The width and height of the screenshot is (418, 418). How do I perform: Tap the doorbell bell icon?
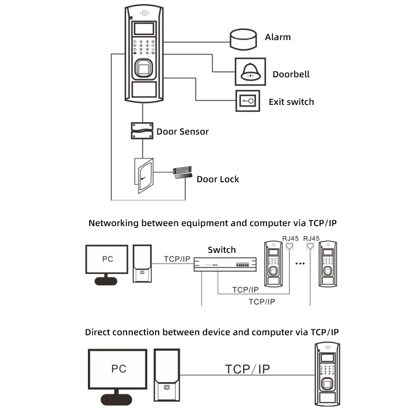click(x=250, y=72)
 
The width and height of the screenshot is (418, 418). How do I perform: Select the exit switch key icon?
click(x=248, y=101)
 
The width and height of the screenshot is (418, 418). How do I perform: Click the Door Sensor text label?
click(x=182, y=132)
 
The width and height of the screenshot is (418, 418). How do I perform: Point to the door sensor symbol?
click(x=142, y=131)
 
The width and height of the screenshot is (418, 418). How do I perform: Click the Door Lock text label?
click(x=218, y=179)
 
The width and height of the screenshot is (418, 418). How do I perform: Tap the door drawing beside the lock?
click(x=143, y=175)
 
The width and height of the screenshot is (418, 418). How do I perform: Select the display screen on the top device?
click(x=143, y=29)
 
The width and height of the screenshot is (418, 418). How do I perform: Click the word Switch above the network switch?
click(x=222, y=250)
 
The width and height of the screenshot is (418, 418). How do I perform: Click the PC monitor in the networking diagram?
click(x=107, y=260)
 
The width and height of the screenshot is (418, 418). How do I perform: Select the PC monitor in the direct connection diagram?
click(x=118, y=369)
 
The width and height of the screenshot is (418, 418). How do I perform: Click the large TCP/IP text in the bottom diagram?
click(x=247, y=369)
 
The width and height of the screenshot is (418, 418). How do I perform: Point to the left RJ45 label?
click(x=290, y=239)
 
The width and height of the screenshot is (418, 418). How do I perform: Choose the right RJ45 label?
click(x=311, y=239)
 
